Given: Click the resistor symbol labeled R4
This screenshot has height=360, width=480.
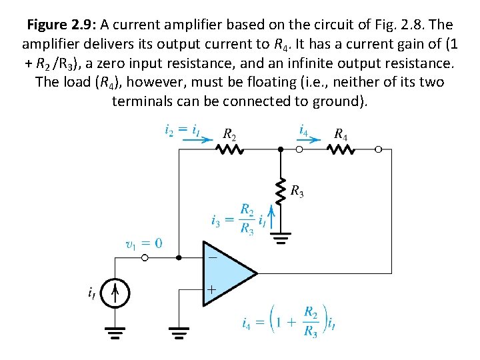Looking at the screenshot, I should pyautogui.click(x=341, y=150).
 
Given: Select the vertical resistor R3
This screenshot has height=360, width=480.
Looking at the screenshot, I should pyautogui.click(x=281, y=190).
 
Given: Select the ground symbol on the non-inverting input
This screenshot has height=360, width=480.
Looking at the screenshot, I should pyautogui.click(x=179, y=331).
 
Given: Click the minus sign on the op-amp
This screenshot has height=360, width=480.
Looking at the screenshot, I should pyautogui.click(x=211, y=255).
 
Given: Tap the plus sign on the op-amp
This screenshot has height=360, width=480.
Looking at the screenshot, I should pyautogui.click(x=211, y=290).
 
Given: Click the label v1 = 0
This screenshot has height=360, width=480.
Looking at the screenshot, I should pyautogui.click(x=143, y=243).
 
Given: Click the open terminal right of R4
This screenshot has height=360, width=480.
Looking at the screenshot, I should pyautogui.click(x=379, y=150).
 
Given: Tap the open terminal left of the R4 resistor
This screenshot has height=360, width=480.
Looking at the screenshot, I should pyautogui.click(x=299, y=150).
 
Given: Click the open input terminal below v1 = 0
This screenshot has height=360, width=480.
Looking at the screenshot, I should pyautogui.click(x=145, y=257).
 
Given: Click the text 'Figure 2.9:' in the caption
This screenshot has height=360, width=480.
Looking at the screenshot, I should pyautogui.click(x=63, y=25).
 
